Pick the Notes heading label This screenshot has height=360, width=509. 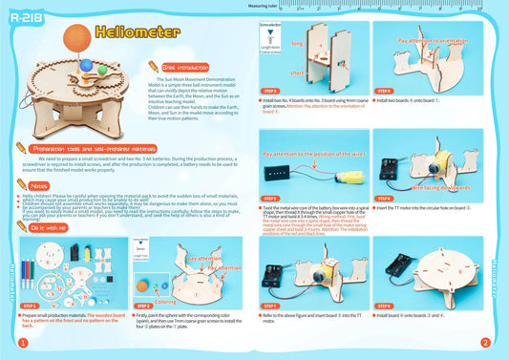pyautogui.click(x=39, y=184)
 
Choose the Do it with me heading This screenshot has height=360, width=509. pyautogui.click(x=47, y=228)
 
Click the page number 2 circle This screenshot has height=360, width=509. pyautogui.click(x=485, y=341)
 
